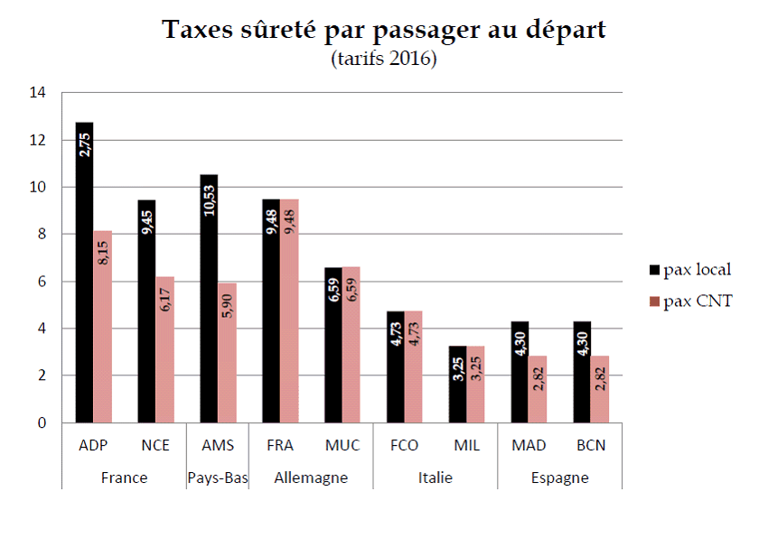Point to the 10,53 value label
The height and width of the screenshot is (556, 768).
coord(209,194)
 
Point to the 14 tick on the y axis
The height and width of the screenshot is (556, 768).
coord(37,93)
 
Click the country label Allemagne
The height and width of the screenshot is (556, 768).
coord(311,477)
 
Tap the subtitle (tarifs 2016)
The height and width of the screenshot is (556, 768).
coord(384,60)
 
